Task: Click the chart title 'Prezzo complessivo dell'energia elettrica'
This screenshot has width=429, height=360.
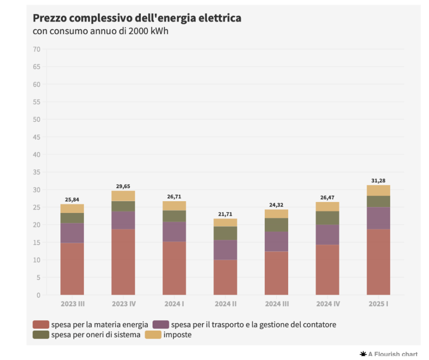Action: click(137, 18)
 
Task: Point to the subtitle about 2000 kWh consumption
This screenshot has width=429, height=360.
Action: click(101, 31)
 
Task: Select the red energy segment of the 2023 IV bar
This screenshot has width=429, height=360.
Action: click(123, 262)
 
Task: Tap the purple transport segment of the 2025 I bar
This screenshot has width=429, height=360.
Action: click(378, 218)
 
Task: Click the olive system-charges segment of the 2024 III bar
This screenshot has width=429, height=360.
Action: click(277, 225)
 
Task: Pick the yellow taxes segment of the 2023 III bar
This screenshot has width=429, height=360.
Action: click(72, 208)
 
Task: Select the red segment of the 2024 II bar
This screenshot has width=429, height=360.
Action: click(225, 277)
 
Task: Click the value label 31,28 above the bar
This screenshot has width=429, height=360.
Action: click(378, 181)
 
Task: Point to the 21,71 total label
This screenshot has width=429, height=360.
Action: click(225, 214)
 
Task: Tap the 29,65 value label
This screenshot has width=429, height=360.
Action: click(123, 186)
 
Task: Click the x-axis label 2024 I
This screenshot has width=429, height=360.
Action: click(174, 304)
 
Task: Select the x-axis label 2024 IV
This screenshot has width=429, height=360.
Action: click(328, 304)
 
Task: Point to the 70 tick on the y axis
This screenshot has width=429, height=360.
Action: click(37, 49)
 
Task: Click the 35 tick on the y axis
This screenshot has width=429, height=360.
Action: click(37, 172)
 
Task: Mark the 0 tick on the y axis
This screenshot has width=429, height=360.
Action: click(39, 295)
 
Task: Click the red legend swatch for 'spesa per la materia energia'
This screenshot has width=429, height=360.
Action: click(41, 324)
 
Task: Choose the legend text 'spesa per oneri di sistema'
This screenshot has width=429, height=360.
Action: click(96, 335)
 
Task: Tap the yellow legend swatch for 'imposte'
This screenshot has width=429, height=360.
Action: click(153, 335)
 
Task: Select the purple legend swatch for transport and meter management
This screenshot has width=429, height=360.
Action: click(161, 324)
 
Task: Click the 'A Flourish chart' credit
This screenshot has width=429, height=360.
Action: click(389, 355)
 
